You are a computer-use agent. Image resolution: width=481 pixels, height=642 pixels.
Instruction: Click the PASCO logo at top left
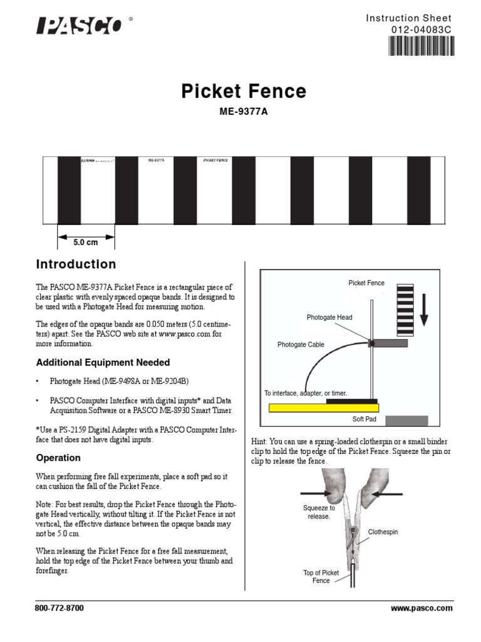[80, 26]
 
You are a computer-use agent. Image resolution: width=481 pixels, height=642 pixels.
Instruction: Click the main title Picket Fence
[244, 92]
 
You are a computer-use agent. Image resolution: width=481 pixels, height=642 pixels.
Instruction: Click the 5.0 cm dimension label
[86, 242]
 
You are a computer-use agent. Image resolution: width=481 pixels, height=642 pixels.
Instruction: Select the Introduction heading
[76, 265]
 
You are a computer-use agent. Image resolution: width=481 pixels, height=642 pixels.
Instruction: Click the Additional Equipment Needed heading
[103, 362]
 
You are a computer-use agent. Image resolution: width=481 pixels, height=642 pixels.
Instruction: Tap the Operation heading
[58, 458]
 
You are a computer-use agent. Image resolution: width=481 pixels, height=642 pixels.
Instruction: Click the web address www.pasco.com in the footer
[421, 608]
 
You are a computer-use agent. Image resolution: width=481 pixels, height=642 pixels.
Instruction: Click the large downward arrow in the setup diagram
[424, 311]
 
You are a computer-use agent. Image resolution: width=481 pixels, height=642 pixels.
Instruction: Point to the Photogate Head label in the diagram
[329, 317]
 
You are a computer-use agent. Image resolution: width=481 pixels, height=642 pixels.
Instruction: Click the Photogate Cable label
[301, 345]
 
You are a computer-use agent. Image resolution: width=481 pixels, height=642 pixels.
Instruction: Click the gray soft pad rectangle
[406, 420]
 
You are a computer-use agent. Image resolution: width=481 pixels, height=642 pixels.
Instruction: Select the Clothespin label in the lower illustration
[383, 532]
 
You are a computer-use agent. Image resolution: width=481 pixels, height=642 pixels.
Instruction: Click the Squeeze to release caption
[319, 512]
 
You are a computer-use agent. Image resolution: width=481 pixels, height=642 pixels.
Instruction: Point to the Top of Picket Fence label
[321, 577]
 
